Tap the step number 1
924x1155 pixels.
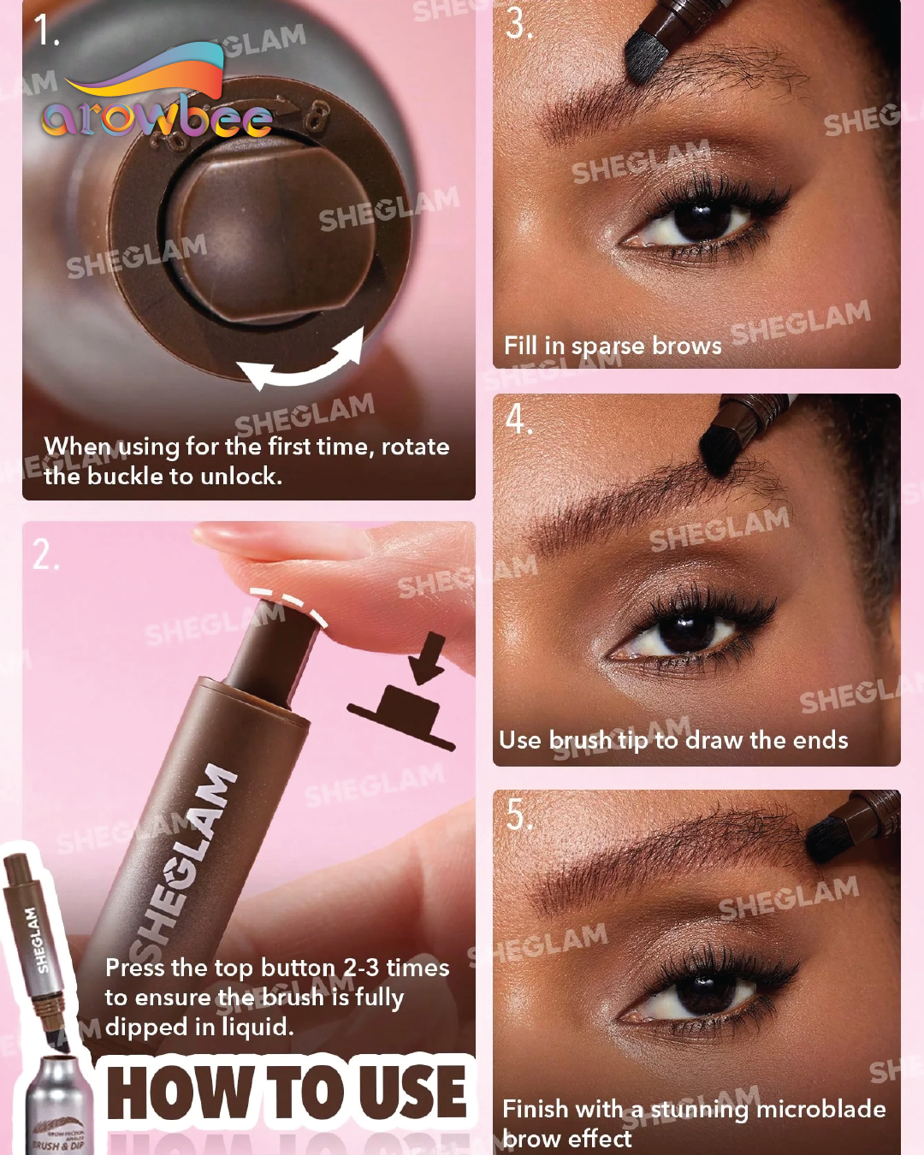(46, 31)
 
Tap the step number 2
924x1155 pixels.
(45, 556)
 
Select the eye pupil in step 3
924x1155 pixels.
(702, 218)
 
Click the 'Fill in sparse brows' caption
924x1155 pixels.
(613, 346)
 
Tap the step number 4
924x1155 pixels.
(518, 419)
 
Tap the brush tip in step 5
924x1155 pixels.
(830, 838)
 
